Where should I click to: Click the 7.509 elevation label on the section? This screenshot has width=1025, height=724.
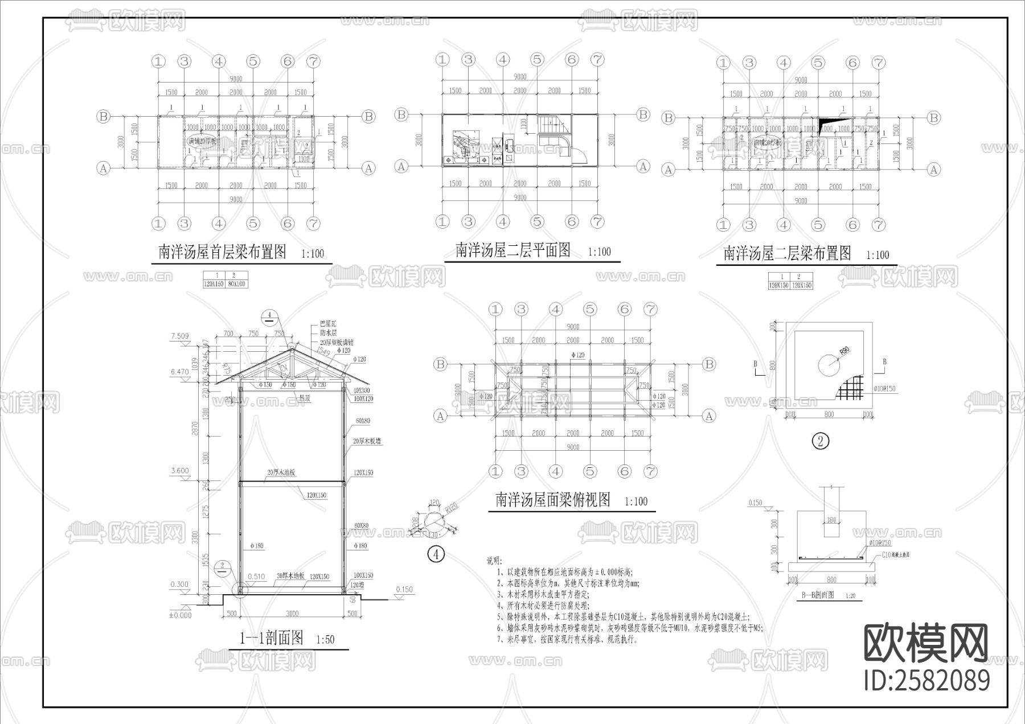(x=179, y=336)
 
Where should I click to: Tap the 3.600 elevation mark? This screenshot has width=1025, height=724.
(x=179, y=471)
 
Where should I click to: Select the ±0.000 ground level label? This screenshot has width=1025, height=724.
(x=180, y=615)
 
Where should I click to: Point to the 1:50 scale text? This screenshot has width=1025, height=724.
(x=325, y=640)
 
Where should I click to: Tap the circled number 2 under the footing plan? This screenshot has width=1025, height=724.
(x=820, y=441)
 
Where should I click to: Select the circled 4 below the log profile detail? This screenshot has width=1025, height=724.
(x=436, y=553)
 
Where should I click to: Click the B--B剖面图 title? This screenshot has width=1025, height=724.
(x=818, y=595)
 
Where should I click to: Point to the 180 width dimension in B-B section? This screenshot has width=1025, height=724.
(x=831, y=520)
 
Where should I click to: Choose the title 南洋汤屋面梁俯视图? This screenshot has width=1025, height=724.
(x=553, y=500)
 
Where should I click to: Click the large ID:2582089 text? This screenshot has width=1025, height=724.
(x=926, y=680)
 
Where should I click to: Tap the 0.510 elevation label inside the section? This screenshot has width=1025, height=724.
(x=256, y=577)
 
